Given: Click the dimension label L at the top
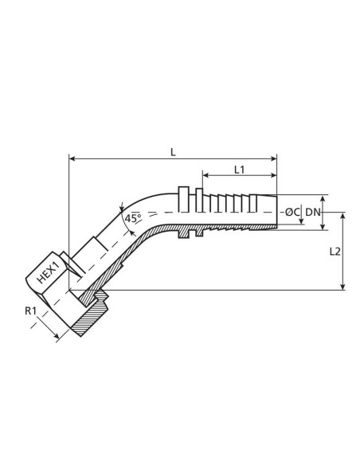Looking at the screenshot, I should (x=174, y=149).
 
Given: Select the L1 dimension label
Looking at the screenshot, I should (x=239, y=169).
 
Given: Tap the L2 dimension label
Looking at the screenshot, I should (x=335, y=252).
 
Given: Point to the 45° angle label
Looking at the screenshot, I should (x=132, y=217).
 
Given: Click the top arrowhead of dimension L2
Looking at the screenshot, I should (x=343, y=216).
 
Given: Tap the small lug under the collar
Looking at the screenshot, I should (x=190, y=235).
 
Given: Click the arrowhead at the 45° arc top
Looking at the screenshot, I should (x=120, y=205).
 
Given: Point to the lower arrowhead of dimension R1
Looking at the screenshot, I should (x=57, y=338).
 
